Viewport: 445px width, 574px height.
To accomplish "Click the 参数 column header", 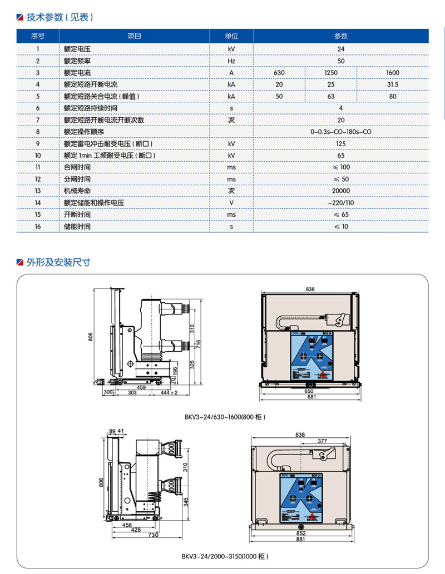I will pos(340,36).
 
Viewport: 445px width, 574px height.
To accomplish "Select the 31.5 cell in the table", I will pos(392,84).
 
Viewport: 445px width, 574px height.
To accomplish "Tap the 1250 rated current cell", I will pos(330,73).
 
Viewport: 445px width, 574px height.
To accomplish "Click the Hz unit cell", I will pos(231,61).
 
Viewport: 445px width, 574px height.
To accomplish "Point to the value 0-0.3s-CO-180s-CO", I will pos(340,132).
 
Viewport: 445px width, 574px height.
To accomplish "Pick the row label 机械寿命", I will pos(77,191).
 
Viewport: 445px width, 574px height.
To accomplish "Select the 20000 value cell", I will pos(340,191).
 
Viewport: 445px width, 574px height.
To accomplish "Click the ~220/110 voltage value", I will pos(340,203).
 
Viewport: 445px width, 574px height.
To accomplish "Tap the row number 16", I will pos(38,227).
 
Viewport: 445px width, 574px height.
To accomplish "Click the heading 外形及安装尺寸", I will pos(58,262).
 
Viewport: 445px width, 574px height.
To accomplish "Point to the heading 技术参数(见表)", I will pos(60,17).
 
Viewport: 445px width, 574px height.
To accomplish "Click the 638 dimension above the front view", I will pos(310,289).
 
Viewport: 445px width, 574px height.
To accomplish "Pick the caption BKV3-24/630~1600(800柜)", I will pos(225,416).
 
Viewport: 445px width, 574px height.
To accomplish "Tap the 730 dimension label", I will pos(154,535).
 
